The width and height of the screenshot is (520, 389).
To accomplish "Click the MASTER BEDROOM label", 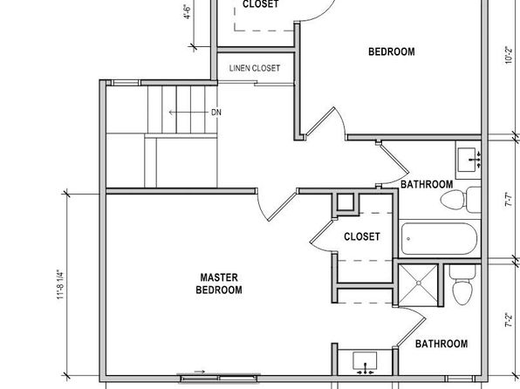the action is [x=219, y=283].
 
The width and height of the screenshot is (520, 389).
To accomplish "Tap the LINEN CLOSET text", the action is [x=255, y=68].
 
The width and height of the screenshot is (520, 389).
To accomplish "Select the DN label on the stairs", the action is [x=216, y=113].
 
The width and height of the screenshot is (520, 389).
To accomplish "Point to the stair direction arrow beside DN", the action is [x=188, y=113].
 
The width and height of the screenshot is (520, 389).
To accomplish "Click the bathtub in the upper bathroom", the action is [x=439, y=238].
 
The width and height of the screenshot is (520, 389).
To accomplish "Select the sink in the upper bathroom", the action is [x=469, y=160].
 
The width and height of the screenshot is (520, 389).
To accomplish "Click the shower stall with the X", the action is [x=419, y=283].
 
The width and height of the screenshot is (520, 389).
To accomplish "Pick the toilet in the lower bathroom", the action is [x=462, y=284].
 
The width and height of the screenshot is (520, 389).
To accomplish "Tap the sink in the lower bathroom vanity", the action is [x=365, y=362].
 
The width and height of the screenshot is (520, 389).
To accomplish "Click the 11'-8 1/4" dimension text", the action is [x=60, y=284].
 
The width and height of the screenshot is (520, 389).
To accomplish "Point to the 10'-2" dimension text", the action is [x=509, y=55].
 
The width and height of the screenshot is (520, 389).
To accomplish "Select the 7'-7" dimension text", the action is [x=509, y=200].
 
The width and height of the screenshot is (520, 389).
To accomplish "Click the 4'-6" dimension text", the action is [x=188, y=11].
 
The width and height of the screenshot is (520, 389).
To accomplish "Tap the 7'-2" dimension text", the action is [x=509, y=319].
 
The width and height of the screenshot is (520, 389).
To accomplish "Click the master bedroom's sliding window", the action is [x=219, y=379].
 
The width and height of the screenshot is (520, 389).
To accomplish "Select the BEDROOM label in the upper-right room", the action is [x=392, y=51].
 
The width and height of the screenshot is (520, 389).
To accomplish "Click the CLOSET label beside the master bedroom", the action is [x=362, y=236].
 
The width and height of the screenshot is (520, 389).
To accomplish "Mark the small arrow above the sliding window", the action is [x=199, y=372].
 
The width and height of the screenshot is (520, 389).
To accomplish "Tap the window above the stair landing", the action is [x=125, y=83].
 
